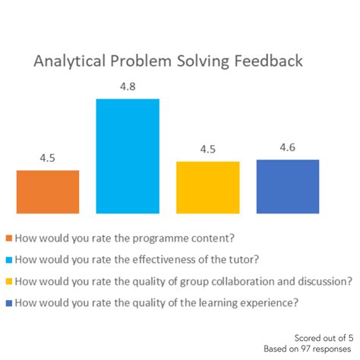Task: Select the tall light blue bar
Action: (x=128, y=156)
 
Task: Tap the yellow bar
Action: (x=207, y=187)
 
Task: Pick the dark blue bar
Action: (x=288, y=186)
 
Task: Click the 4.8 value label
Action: (x=128, y=88)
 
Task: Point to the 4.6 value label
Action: (x=288, y=148)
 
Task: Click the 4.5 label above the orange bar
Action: (x=48, y=159)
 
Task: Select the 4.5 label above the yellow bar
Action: (x=207, y=150)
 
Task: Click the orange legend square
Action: (x=8, y=236)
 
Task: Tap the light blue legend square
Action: (x=8, y=258)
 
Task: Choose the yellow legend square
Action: (x=8, y=281)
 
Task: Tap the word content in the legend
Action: (x=197, y=236)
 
